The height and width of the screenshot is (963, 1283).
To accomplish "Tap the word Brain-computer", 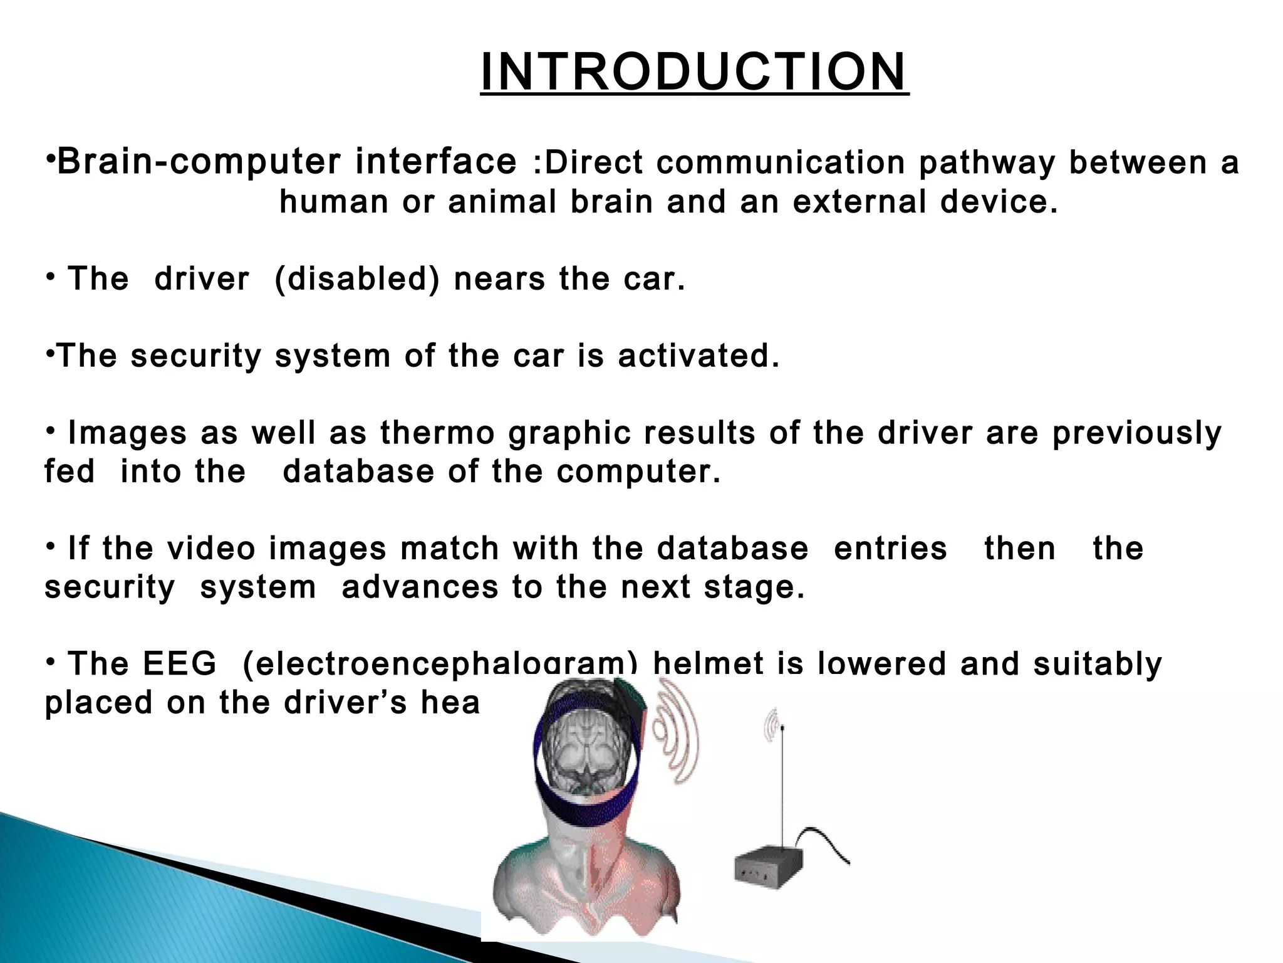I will [199, 162].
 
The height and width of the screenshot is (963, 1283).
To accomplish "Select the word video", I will [211, 549].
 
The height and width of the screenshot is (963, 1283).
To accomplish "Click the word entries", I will [890, 549].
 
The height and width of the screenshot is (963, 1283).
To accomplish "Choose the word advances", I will [420, 587].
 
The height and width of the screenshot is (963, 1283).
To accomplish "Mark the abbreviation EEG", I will [179, 664].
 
